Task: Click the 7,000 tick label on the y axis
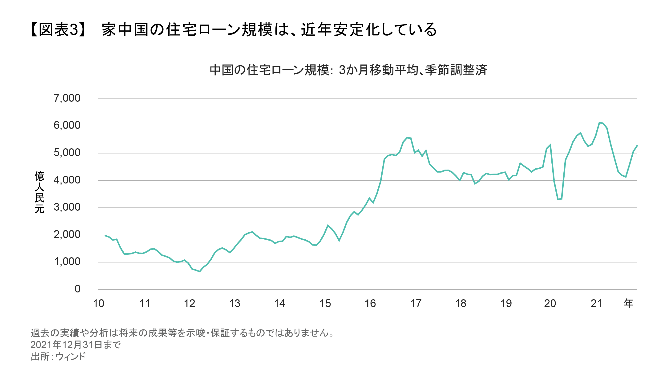[67, 98]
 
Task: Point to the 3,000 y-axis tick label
[67, 207]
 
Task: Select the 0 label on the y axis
[77, 289]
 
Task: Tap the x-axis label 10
[98, 304]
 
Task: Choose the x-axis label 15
[325, 304]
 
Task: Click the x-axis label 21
[596, 304]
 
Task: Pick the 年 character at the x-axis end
[628, 304]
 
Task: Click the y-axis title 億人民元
[40, 192]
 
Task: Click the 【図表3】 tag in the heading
[58, 29]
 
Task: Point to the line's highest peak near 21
[599, 123]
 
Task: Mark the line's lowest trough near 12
[199, 271]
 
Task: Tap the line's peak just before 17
[407, 138]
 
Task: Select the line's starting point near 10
[105, 236]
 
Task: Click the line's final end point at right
[637, 146]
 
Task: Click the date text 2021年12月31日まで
[76, 345]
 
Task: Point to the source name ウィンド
[70, 357]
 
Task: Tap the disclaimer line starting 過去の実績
[182, 333]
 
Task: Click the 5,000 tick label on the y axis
[67, 153]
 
